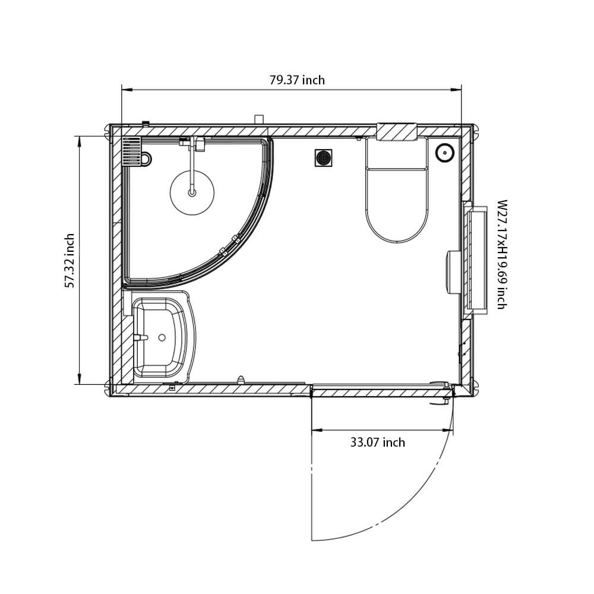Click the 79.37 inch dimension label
tap(297, 80)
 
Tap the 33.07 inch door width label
tap(377, 443)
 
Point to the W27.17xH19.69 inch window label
tap(501, 254)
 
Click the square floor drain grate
tap(323, 158)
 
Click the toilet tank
tap(396, 153)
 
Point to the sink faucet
tap(140, 337)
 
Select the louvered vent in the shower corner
tap(131, 151)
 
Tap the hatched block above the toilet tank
tap(397, 132)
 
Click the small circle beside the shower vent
tap(146, 159)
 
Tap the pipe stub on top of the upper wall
tap(258, 119)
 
